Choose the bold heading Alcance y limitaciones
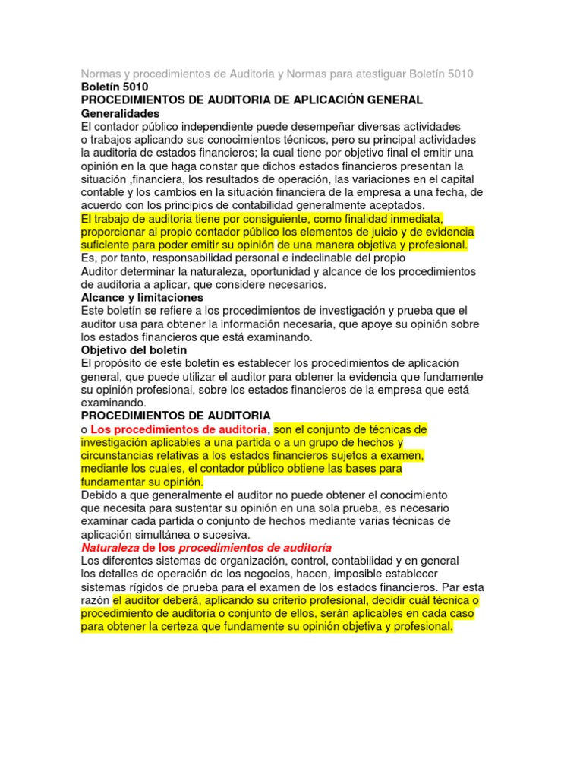[142, 298]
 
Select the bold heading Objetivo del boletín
[134, 350]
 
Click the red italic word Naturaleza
[109, 548]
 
